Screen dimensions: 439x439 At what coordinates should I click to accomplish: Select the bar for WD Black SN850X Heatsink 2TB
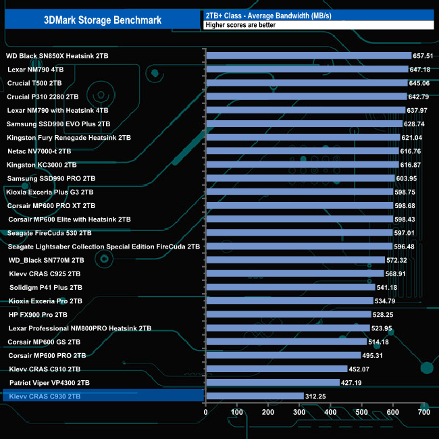(308, 55)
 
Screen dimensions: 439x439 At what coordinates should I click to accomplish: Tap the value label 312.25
(315, 396)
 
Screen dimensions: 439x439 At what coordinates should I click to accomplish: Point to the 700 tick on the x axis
(424, 411)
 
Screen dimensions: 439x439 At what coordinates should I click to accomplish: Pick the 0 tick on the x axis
(206, 411)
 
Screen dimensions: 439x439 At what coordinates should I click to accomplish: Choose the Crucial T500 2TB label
(34, 83)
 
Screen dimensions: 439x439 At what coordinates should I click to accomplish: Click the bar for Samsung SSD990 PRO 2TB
(300, 178)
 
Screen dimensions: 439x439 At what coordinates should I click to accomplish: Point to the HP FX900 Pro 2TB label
(38, 314)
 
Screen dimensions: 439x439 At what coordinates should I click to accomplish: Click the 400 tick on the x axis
(330, 411)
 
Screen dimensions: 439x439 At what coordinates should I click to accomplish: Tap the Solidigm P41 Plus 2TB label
(46, 287)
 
